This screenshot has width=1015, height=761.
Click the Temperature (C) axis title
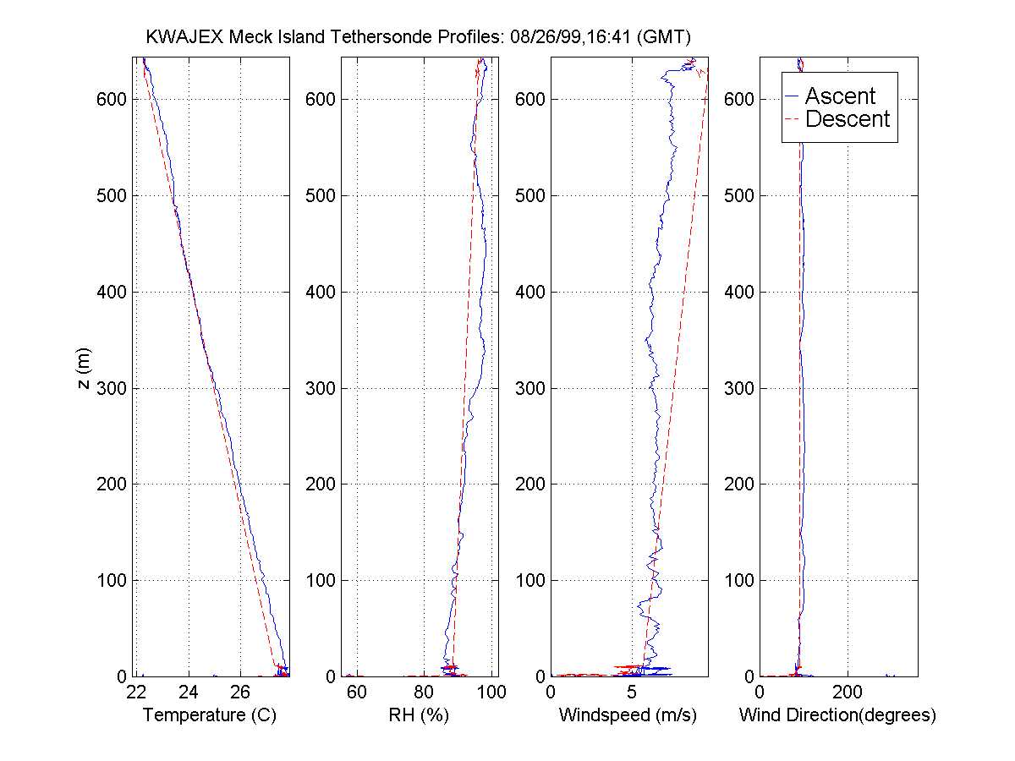click(210, 715)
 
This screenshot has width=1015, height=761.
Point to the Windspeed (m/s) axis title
click(628, 715)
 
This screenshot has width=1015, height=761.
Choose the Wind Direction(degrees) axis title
click(837, 715)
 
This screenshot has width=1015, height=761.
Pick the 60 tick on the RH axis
click(358, 693)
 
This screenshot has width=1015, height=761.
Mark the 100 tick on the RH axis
click(491, 693)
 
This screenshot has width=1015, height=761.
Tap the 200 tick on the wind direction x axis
click(848, 693)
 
